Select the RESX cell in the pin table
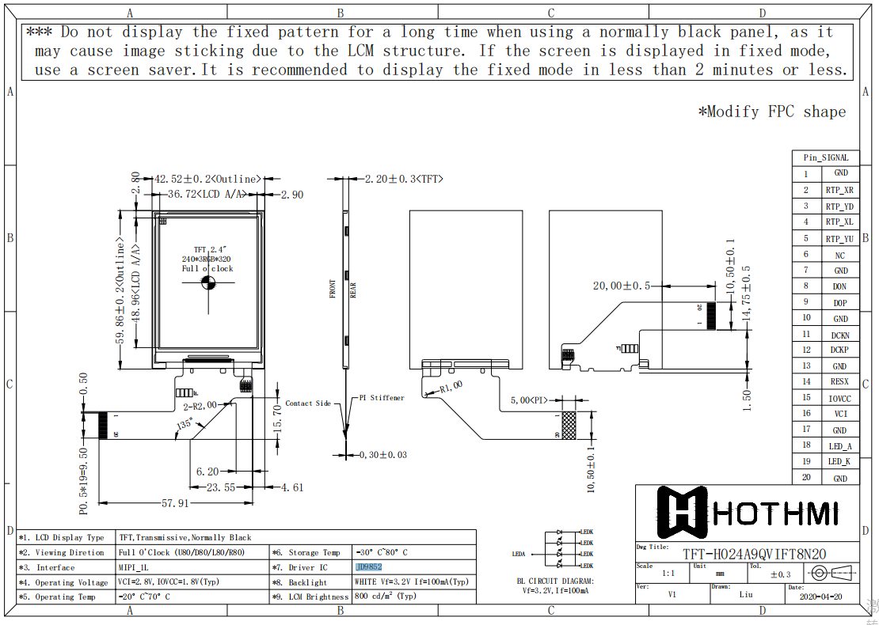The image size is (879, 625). (839, 382)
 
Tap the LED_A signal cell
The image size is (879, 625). (839, 446)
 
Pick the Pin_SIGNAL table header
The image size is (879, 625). (825, 157)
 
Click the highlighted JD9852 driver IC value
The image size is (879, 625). (369, 567)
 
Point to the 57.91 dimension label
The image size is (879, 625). (175, 502)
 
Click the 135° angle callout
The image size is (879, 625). (185, 425)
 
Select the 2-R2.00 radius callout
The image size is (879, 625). (200, 405)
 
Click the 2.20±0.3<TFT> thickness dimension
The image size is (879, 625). (403, 179)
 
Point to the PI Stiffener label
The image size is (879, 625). (382, 398)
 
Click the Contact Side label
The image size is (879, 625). (308, 403)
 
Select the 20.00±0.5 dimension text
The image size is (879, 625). (621, 286)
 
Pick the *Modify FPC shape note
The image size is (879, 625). (771, 112)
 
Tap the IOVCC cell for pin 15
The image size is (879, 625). (839, 399)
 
